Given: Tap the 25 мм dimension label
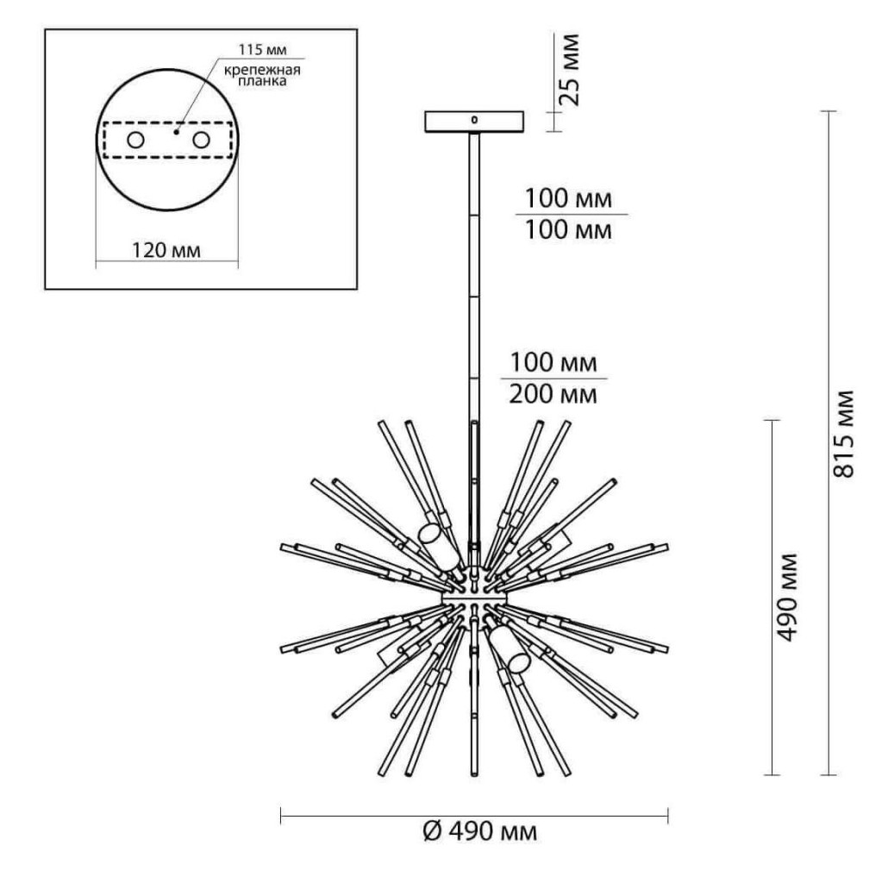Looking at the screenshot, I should tap(570, 70).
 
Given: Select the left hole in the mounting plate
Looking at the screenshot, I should tap(135, 140).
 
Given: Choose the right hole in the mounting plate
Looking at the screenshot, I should tap(202, 140).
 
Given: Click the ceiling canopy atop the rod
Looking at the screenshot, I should tap(475, 121).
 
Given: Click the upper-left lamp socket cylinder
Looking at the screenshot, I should tap(437, 548).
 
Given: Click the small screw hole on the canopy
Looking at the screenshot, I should tap(473, 120).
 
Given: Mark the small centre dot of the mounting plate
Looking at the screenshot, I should tap(175, 133).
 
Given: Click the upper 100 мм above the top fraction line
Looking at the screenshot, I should tap(570, 199).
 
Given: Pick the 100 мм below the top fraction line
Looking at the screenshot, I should tap(570, 230).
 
